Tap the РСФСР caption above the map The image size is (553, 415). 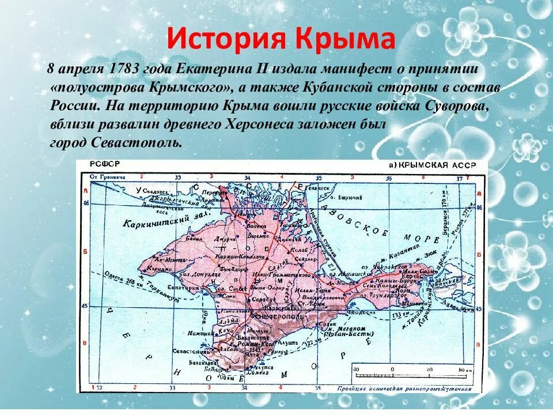(101, 165)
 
